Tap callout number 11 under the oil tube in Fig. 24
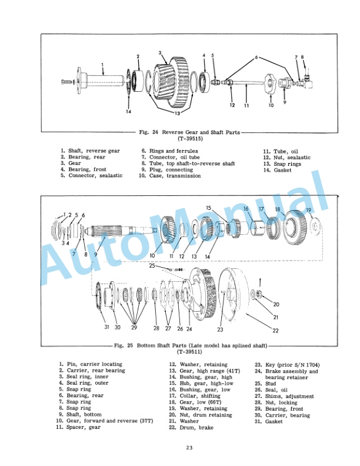(x=246, y=105)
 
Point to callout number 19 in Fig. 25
(x=308, y=210)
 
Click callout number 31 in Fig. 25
(x=107, y=327)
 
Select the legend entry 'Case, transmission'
(x=171, y=176)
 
